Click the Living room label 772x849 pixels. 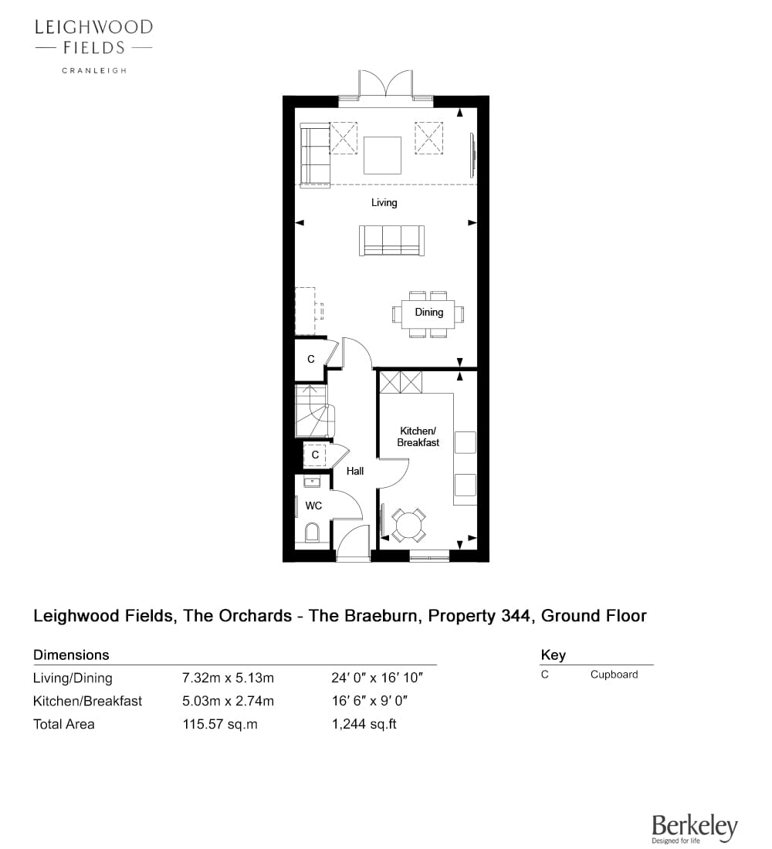click(384, 202)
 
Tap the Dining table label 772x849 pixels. click(429, 312)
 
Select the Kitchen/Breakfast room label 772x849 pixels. click(418, 436)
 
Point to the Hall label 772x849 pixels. click(355, 471)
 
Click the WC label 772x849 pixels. click(313, 506)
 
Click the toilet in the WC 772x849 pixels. click(312, 533)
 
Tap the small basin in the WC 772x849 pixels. click(312, 482)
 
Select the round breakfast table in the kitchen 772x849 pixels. click(409, 525)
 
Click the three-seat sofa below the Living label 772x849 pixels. click(391, 240)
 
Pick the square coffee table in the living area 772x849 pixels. click(382, 155)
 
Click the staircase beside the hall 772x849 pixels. click(314, 411)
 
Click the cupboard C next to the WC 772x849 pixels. click(315, 455)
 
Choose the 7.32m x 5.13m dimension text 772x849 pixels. click(228, 678)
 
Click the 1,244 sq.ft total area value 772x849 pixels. click(364, 724)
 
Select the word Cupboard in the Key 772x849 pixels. click(615, 675)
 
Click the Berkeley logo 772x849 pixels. click(695, 828)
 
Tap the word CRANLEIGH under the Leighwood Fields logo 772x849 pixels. click(94, 70)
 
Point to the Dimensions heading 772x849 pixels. click(71, 655)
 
